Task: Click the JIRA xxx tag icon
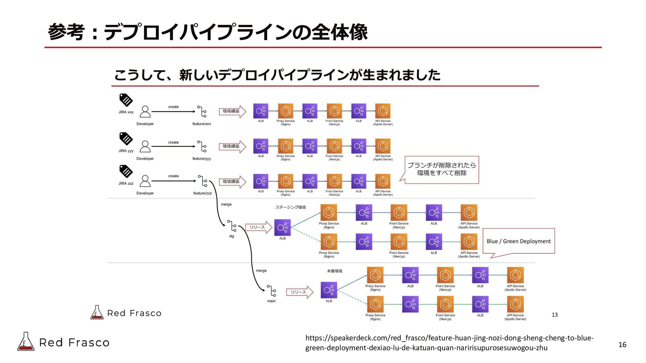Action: [126, 100]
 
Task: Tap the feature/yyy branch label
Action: [202, 159]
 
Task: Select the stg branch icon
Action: [232, 226]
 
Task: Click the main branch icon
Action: [272, 291]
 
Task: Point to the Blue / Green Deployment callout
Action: [518, 241]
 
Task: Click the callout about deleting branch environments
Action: [441, 169]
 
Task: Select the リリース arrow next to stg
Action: [258, 227]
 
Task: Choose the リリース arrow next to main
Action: [299, 292]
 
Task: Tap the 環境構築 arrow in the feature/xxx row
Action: [232, 111]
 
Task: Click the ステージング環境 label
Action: [290, 207]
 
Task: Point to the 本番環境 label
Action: [334, 271]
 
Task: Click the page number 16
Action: [622, 345]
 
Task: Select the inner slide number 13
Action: [554, 315]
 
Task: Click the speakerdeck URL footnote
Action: [449, 343]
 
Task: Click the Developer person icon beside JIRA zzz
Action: [145, 181]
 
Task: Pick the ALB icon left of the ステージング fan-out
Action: [282, 228]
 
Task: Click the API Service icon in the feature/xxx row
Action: [383, 111]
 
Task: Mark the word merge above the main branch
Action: [261, 271]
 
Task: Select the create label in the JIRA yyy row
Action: [173, 143]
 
